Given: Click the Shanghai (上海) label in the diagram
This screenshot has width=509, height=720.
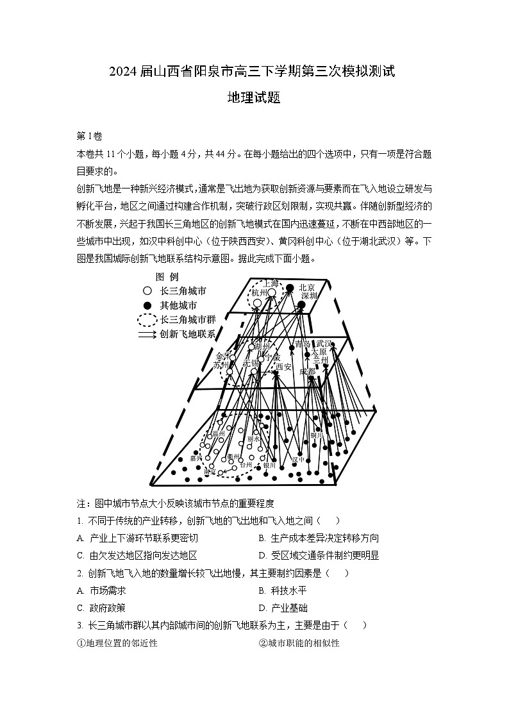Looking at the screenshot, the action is [272, 283].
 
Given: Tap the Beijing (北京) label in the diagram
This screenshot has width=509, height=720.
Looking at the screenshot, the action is [308, 288].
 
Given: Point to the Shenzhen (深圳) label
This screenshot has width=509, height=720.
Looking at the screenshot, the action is [310, 296].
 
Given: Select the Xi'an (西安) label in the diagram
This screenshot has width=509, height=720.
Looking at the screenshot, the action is [283, 367].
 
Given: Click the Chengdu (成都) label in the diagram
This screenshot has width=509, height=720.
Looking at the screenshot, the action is [307, 371].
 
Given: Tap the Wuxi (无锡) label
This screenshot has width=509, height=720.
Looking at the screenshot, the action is [251, 364].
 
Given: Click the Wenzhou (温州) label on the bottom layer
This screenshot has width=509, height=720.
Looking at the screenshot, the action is [219, 434].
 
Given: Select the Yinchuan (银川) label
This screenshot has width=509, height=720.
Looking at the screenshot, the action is [269, 465].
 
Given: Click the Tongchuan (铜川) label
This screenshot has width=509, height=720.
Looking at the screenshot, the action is [317, 435].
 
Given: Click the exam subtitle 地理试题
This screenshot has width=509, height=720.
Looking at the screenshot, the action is [254, 98].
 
